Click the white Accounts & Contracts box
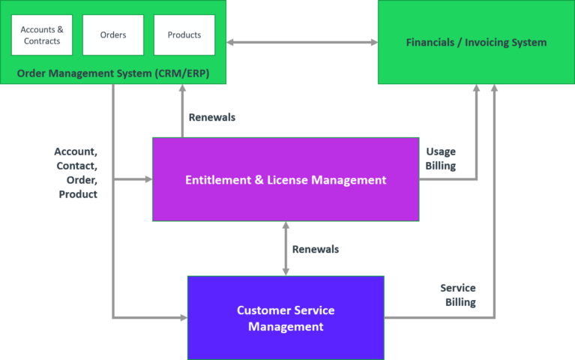(x=42, y=35)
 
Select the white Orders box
(x=113, y=35)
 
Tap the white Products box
(x=184, y=35)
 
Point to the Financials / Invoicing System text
(x=476, y=42)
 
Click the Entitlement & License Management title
(x=286, y=180)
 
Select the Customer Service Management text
(x=286, y=318)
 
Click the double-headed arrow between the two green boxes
(x=301, y=43)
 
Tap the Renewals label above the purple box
(x=212, y=118)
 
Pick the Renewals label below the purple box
(x=316, y=249)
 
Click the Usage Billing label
(x=441, y=159)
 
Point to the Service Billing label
(x=458, y=295)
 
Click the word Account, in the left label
(x=76, y=151)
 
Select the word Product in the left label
(x=79, y=194)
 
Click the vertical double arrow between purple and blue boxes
(x=286, y=248)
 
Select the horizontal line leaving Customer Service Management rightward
(x=439, y=318)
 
